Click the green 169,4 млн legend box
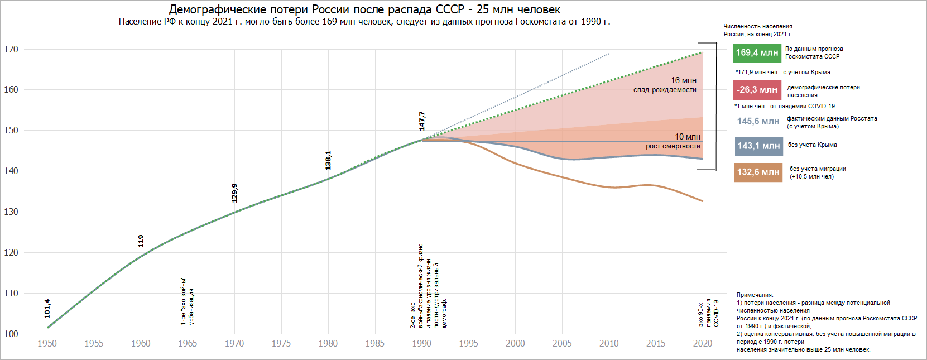757,53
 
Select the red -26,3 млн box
757,90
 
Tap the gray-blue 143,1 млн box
758,146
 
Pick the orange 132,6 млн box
758,172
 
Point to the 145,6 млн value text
758,122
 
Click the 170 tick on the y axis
11,50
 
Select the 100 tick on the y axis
11,334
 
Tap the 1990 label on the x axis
422,344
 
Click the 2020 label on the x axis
703,344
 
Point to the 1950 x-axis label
47,344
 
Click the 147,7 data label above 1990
422,121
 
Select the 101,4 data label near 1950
47,309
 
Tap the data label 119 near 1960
141,241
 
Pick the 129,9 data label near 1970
235,193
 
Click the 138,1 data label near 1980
328,160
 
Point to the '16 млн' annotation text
683,81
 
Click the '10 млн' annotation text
687,137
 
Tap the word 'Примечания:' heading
755,295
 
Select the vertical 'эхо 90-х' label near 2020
701,315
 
